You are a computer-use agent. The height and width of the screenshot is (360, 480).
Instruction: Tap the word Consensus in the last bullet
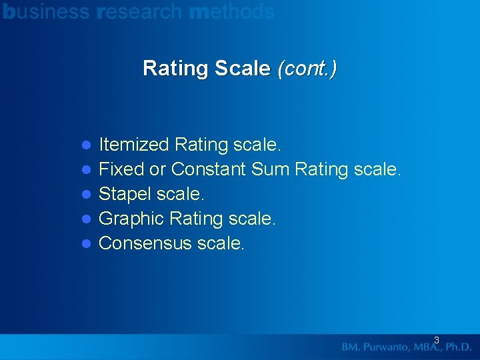(145, 243)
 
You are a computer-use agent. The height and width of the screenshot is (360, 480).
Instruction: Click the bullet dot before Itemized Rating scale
(85, 145)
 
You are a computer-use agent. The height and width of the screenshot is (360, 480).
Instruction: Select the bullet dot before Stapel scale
(85, 195)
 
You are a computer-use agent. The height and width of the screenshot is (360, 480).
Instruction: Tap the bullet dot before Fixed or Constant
(85, 170)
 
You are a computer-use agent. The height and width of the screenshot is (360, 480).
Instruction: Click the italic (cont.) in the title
(307, 68)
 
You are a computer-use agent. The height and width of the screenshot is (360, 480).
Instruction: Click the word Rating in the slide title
(176, 68)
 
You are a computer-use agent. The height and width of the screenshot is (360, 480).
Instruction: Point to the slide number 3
(437, 340)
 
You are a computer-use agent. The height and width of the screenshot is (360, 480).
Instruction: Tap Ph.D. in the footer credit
(457, 347)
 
